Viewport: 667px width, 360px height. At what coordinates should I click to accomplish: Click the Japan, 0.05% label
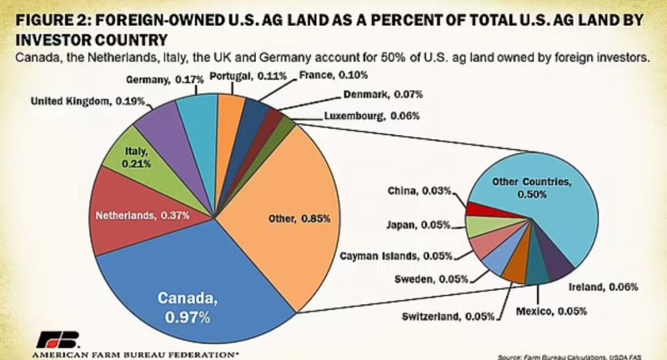418,225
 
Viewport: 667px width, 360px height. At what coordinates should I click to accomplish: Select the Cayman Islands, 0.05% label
396,255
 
